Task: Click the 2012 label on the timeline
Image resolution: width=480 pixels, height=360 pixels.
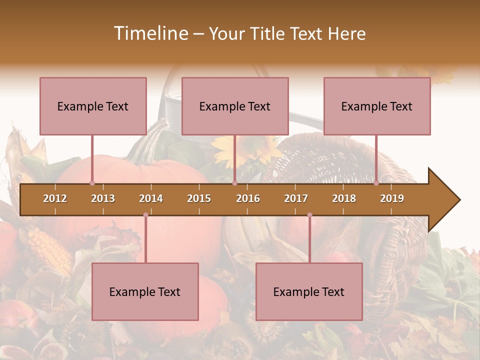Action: pos(55,198)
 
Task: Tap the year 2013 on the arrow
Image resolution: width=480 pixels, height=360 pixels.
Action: pos(103,198)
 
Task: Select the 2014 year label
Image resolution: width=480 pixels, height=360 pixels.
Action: pos(151,198)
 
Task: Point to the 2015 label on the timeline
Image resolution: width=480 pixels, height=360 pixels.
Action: pos(199,198)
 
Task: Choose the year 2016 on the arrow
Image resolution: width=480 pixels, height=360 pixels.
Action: pos(248,198)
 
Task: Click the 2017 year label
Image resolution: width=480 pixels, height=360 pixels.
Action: pos(296,198)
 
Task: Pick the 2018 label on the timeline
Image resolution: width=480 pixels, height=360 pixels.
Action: pos(344,198)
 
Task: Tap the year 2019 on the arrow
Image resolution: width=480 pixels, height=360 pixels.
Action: pos(392,198)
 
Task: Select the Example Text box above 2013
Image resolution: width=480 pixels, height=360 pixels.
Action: pos(93,106)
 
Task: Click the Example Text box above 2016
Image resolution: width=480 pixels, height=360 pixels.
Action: pos(235,106)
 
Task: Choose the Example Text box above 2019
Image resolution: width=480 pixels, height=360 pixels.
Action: pos(377,106)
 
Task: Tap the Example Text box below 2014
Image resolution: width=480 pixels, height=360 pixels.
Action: pos(145,291)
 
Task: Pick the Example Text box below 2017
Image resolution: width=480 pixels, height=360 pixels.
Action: pos(309,291)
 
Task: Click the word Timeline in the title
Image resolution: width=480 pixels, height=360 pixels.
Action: pos(150,33)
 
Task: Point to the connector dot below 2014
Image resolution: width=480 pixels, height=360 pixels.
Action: pos(145,215)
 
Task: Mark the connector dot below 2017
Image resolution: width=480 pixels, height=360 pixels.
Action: pos(309,215)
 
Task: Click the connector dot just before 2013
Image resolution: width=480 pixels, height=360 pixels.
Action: pos(92,183)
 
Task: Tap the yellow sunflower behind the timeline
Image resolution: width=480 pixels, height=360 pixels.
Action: pos(250,150)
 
